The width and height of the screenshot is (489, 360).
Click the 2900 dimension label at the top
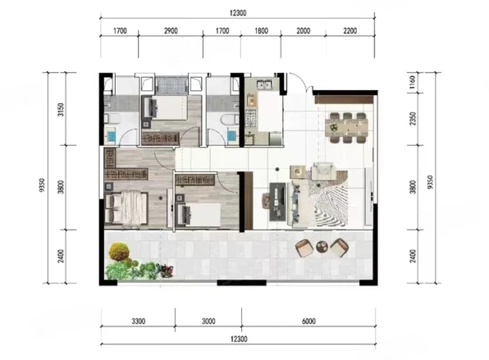[171, 31]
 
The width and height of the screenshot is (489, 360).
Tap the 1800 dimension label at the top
[262, 31]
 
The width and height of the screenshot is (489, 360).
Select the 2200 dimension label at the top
[350, 31]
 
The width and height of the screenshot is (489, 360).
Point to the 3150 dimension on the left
[61, 110]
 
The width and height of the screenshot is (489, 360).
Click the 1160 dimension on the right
[413, 82]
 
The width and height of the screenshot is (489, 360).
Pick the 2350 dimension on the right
[413, 119]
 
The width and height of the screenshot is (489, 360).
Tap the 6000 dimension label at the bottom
[308, 321]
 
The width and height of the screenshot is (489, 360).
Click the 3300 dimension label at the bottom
[138, 321]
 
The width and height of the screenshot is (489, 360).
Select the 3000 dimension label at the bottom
[208, 321]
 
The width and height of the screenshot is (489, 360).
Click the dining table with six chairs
[347, 127]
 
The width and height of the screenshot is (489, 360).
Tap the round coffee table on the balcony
[322, 247]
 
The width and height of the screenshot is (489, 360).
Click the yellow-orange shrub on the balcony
[119, 252]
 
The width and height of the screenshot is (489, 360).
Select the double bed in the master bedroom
[126, 208]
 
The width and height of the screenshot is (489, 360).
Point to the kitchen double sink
[264, 84]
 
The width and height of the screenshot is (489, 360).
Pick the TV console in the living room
[277, 202]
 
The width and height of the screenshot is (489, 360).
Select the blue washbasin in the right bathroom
[231, 136]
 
